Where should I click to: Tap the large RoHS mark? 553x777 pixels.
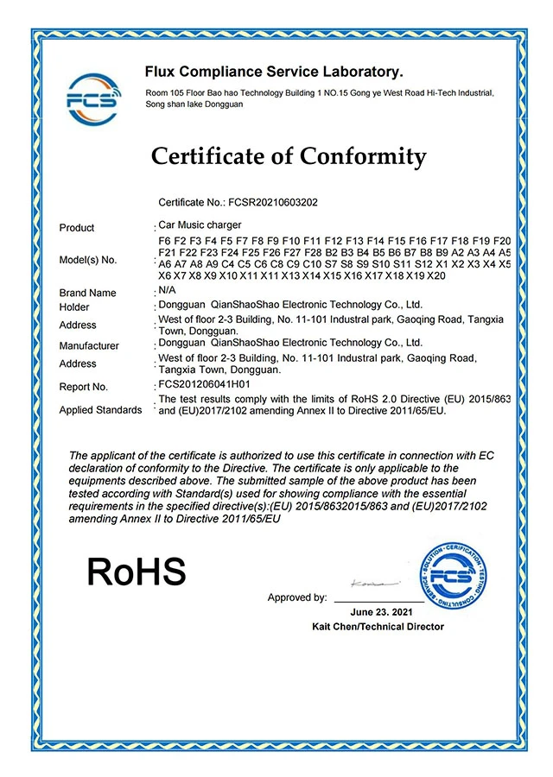coord(137,572)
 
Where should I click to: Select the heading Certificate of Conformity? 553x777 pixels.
coord(289,156)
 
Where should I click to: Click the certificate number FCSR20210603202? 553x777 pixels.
coord(275,202)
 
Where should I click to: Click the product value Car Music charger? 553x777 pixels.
coord(200,224)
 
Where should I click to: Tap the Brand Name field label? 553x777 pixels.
coord(87,294)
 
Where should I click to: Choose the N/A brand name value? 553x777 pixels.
coord(168,292)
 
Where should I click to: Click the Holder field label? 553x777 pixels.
coord(74,307)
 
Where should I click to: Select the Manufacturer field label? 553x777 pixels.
coord(89,346)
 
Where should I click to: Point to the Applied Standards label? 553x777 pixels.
coord(100,410)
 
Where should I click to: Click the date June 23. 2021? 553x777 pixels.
coord(378,612)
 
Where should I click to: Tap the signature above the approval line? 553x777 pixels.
coord(370,584)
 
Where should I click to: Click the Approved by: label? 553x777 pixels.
coord(297,597)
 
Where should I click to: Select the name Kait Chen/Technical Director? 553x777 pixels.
coord(378,626)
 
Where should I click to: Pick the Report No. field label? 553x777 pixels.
coord(84,388)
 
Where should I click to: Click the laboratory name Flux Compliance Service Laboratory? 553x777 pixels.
coord(274,72)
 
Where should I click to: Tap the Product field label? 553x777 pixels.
coord(77,228)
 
